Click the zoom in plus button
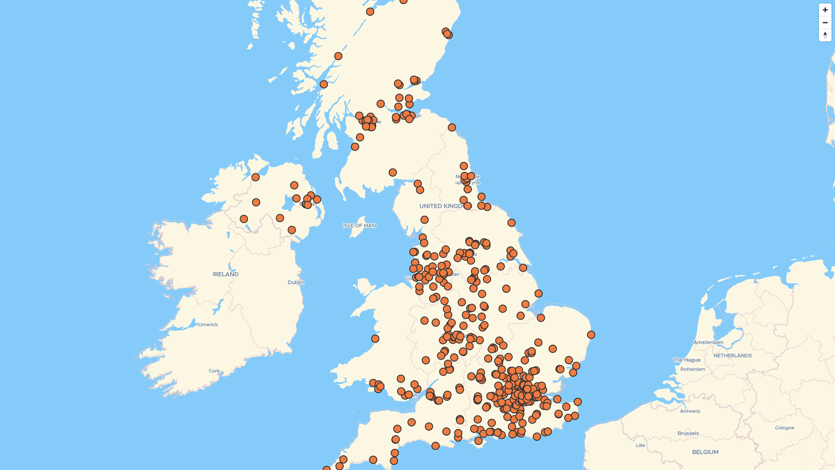coord(825,10)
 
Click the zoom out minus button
coord(825,23)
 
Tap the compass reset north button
coord(825,35)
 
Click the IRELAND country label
coord(225,274)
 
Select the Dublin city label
coord(296,282)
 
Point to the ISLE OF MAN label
coord(359,225)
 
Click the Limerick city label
coord(208,325)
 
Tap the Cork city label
coord(214,371)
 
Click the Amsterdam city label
coord(708,342)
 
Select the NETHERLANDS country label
coord(732,356)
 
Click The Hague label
coord(687,360)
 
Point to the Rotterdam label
coord(693,369)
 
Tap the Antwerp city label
coord(690,411)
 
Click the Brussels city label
coord(688,433)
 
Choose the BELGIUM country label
coord(705,452)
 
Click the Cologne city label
coord(785,428)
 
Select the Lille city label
coord(640,446)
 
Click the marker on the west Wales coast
coord(375,339)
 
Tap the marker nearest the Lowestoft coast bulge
coord(591,335)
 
